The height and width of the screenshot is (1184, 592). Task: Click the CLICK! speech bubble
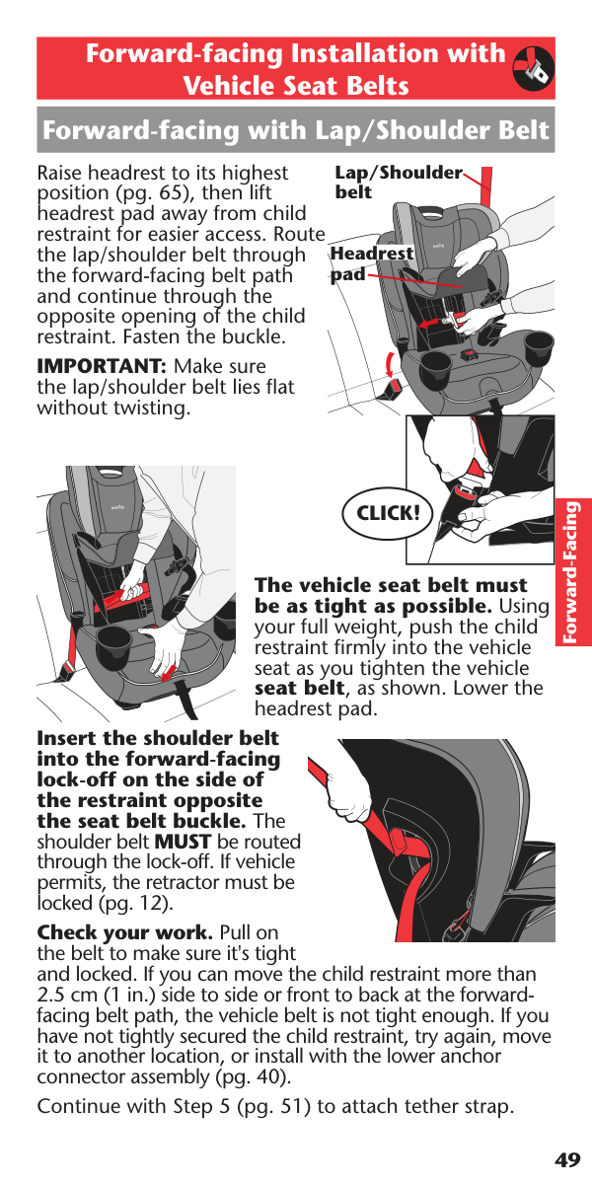click(x=388, y=513)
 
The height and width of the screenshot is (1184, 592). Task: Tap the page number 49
click(x=567, y=1159)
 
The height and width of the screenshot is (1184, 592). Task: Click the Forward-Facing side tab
click(x=572, y=572)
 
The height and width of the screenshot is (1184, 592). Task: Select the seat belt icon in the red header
click(x=534, y=68)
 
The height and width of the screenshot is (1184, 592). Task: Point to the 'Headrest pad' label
click(x=372, y=263)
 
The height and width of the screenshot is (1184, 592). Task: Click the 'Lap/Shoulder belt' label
click(x=399, y=182)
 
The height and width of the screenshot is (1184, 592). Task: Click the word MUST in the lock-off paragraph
click(x=183, y=842)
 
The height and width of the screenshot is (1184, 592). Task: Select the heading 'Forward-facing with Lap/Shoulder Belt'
click(x=296, y=130)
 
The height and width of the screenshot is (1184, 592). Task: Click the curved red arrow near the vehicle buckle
click(x=390, y=364)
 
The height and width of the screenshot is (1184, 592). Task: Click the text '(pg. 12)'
click(x=136, y=903)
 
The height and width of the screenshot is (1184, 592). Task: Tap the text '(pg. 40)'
click(x=254, y=1076)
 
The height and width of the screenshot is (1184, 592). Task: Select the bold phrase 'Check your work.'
click(x=125, y=933)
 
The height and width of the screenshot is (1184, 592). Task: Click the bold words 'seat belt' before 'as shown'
click(x=300, y=689)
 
